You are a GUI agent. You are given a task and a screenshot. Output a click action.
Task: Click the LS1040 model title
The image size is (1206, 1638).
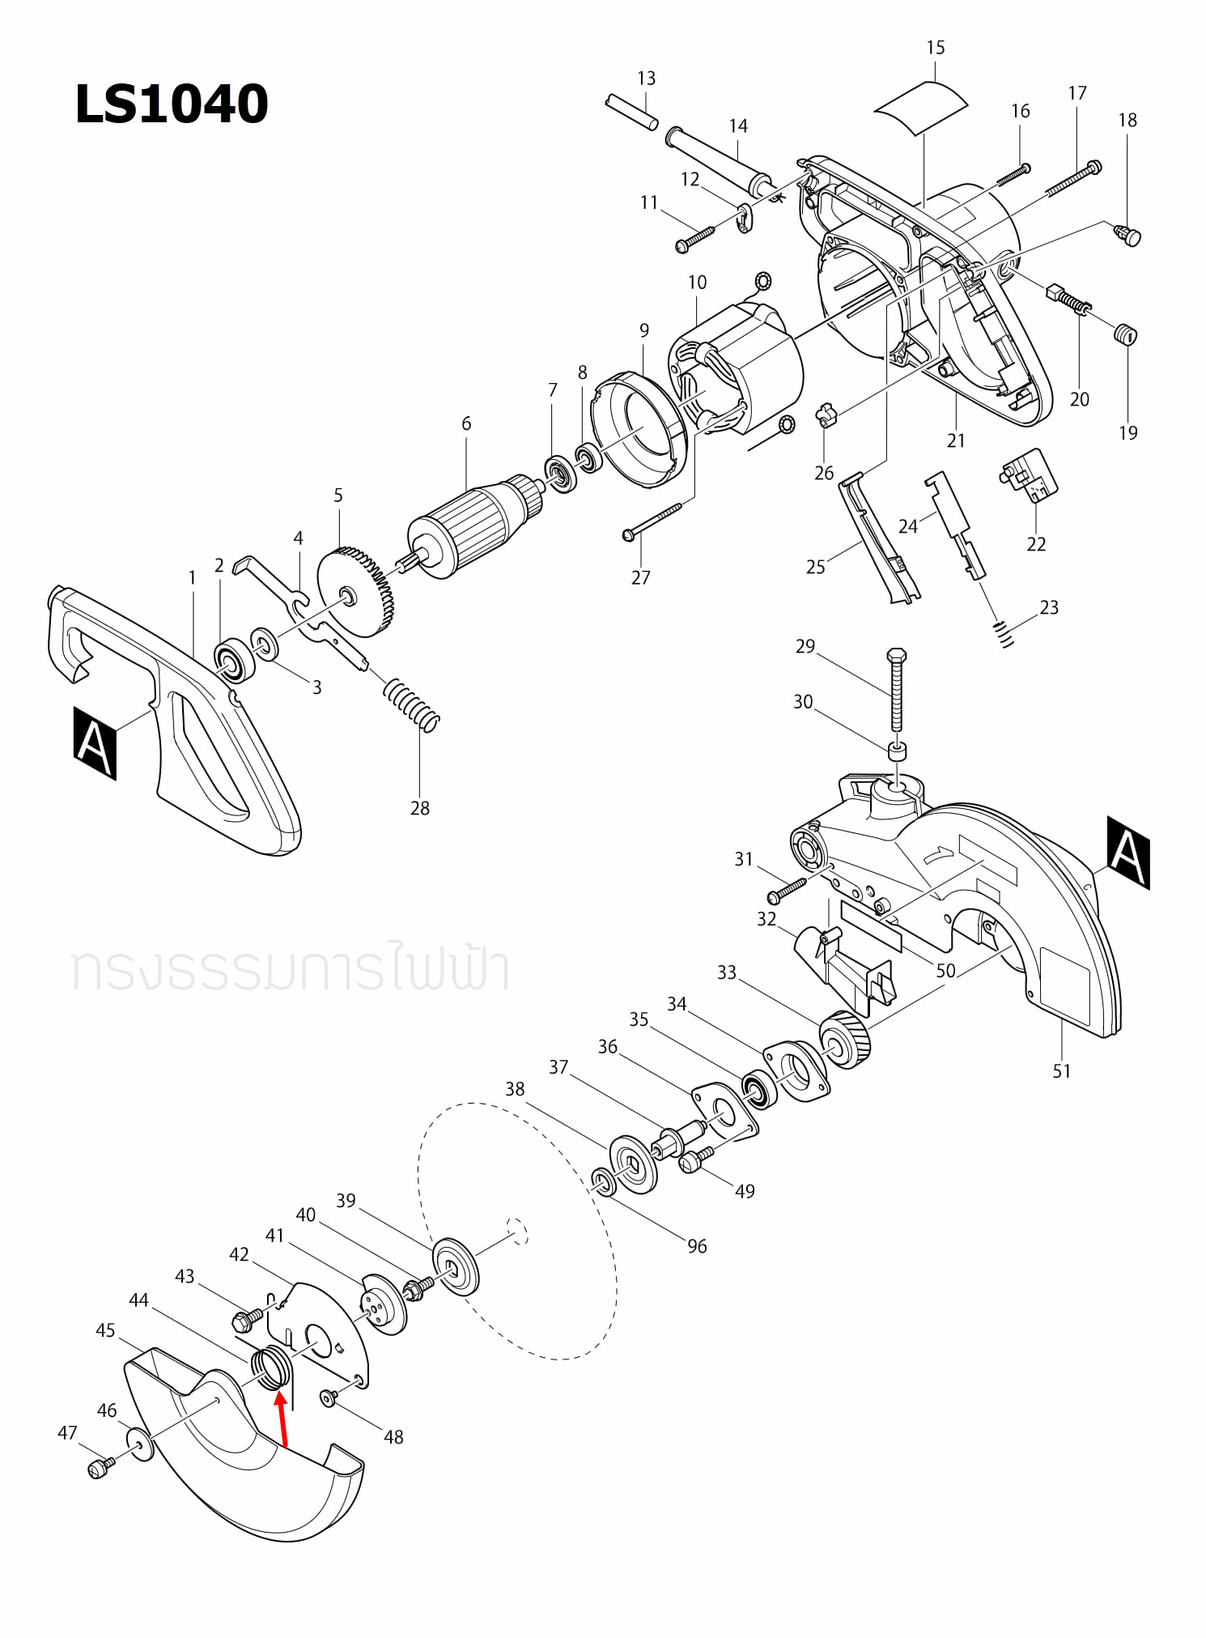point(171,104)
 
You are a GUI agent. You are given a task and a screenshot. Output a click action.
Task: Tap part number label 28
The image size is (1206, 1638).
point(419,808)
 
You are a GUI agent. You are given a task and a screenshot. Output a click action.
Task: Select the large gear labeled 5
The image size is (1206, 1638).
point(356,591)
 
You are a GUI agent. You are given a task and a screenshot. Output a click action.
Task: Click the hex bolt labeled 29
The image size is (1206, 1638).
point(896,688)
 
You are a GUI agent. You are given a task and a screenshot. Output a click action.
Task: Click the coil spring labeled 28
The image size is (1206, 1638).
point(412,704)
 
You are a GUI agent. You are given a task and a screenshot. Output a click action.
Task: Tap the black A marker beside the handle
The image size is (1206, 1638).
point(95,742)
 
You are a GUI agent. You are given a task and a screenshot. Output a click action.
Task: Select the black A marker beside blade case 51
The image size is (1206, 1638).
point(1127,852)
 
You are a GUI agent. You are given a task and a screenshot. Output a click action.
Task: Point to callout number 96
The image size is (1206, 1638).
point(697,1247)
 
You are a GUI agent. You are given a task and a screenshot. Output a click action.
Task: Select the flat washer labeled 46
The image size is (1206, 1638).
point(140,1444)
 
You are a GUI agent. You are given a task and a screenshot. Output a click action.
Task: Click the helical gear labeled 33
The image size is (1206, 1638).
point(846,1040)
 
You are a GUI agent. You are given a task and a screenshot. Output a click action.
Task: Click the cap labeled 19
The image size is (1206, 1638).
point(1125,334)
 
